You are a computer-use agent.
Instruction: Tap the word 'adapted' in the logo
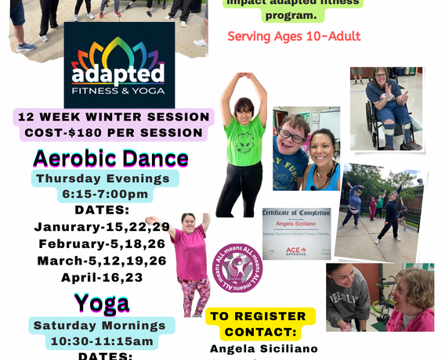click(119, 74)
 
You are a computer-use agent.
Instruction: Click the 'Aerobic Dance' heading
click(110, 158)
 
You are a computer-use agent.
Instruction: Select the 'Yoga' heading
click(101, 303)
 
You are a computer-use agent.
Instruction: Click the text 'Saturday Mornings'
click(99, 326)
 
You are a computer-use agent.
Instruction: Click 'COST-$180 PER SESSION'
click(114, 134)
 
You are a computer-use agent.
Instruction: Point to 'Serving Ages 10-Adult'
click(294, 37)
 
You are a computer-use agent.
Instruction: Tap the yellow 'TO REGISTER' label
click(259, 316)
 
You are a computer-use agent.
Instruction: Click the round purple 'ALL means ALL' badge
click(237, 268)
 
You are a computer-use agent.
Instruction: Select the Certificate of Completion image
click(296, 233)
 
